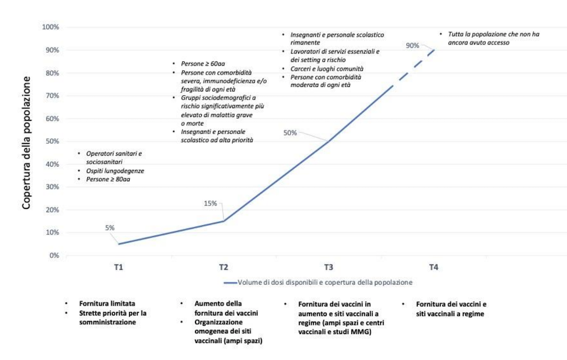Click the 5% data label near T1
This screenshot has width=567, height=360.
point(109,227)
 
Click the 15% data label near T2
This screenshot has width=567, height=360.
point(210,203)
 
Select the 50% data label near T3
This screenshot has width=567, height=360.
point(290,133)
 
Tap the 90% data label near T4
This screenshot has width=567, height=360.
point(413,46)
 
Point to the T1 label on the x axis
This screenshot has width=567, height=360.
point(119,267)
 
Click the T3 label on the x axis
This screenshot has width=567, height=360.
point(329,267)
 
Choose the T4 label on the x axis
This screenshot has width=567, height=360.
point(433,267)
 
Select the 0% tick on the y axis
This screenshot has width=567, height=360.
point(54,255)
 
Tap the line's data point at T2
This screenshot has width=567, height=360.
point(223,221)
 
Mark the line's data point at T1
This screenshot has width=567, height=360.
point(119,244)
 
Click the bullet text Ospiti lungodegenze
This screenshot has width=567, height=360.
point(115,171)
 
